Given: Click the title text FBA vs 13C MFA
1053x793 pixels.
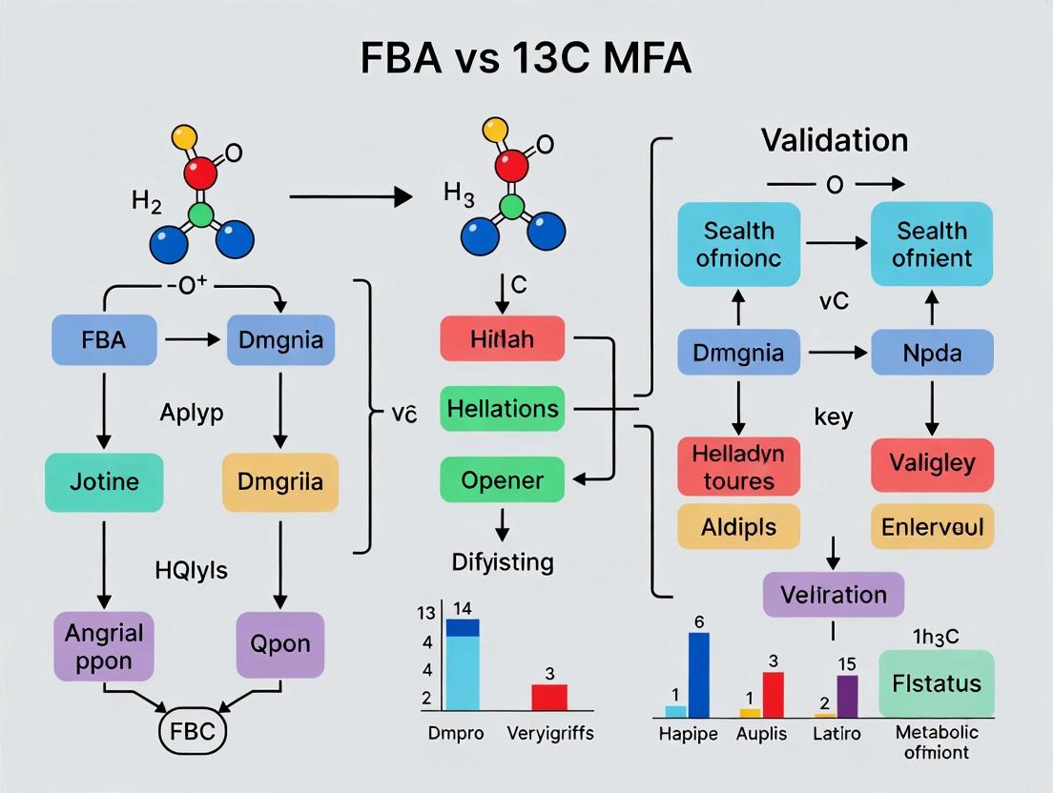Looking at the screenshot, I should pyautogui.click(x=526, y=58).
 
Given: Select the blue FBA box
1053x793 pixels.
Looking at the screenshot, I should pyautogui.click(x=103, y=339).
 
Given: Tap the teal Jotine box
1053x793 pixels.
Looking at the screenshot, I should pyautogui.click(x=103, y=481).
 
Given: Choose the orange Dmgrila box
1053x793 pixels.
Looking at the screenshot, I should pyautogui.click(x=280, y=481).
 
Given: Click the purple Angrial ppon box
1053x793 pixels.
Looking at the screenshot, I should pyautogui.click(x=103, y=645).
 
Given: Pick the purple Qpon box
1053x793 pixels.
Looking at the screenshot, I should pyautogui.click(x=280, y=645).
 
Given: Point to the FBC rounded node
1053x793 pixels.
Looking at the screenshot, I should pyautogui.click(x=192, y=732).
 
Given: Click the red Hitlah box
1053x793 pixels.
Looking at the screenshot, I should pyautogui.click(x=502, y=339).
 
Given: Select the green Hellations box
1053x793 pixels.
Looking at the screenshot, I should pyautogui.click(x=502, y=409).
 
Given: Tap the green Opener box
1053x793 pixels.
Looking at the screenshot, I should pyautogui.click(x=502, y=479).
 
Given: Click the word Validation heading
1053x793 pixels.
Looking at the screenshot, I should pyautogui.click(x=834, y=141).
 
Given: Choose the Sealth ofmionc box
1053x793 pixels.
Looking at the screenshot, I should pyautogui.click(x=739, y=244).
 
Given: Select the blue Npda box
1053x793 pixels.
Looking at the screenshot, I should pyautogui.click(x=932, y=353).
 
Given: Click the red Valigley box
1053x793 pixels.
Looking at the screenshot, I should pyautogui.click(x=932, y=464).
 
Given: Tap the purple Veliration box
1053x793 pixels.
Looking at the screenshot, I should pyautogui.click(x=833, y=595).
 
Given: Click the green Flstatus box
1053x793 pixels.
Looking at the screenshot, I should pyautogui.click(x=936, y=682).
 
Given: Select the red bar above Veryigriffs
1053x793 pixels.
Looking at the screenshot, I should pyautogui.click(x=548, y=697).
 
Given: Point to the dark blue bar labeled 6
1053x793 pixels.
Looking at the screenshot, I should pyautogui.click(x=699, y=675).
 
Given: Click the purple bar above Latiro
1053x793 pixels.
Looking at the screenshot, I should pyautogui.click(x=847, y=696).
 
